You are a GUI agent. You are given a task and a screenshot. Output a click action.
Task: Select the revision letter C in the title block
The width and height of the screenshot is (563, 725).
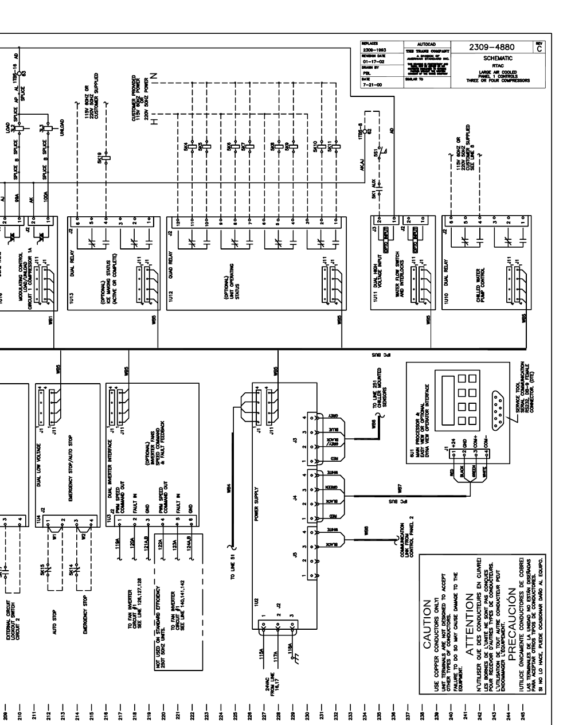pyautogui.click(x=537, y=48)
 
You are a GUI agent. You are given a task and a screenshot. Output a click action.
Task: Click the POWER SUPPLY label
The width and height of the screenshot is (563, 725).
pyautogui.click(x=257, y=499)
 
